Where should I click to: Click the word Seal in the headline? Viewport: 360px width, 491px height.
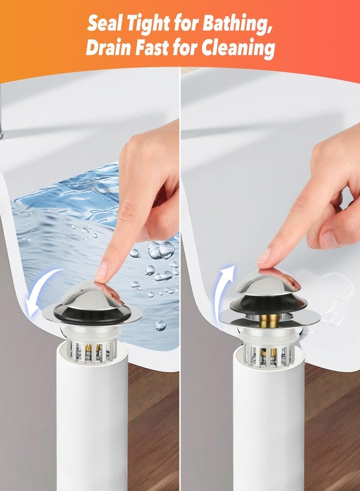click(x=105, y=23)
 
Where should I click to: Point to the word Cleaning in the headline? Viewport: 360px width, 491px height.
click(x=238, y=49)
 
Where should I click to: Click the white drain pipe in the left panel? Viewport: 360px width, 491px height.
click(x=92, y=416)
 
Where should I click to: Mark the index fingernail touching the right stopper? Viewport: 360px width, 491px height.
click(x=263, y=256)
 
